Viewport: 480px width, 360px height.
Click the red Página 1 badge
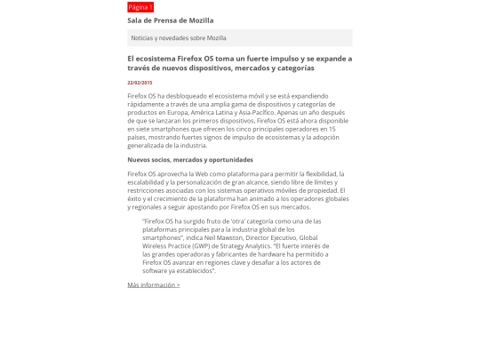pyautogui.click(x=140, y=7)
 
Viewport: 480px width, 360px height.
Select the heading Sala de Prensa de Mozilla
pyautogui.click(x=171, y=20)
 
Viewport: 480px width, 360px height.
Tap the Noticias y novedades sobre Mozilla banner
pyautogui.click(x=179, y=38)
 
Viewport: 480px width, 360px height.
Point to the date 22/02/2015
pyautogui.click(x=140, y=83)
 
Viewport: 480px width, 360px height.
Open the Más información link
pyautogui.click(x=154, y=285)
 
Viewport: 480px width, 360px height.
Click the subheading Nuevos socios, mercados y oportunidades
pyautogui.click(x=190, y=160)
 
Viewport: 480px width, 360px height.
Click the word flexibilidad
pyautogui.click(x=323, y=174)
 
